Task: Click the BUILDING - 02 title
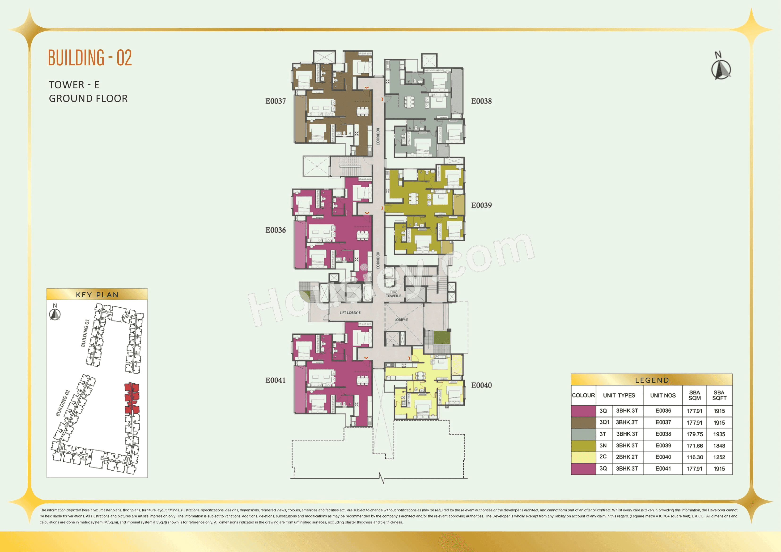90,58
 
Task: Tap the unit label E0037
276,101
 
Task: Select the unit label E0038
481,101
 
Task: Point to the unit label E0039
481,205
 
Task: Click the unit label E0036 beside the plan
276,230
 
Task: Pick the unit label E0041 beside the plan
276,380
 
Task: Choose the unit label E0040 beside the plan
481,385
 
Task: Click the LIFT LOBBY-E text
350,312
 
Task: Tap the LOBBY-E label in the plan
401,320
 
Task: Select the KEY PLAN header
97,295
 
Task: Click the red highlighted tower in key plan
132,398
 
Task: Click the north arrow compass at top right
721,68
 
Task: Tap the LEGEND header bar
651,380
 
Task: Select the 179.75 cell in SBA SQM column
694,434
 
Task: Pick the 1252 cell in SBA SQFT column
719,457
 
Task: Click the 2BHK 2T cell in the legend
627,457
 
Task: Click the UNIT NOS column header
663,395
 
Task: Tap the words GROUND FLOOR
88,99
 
